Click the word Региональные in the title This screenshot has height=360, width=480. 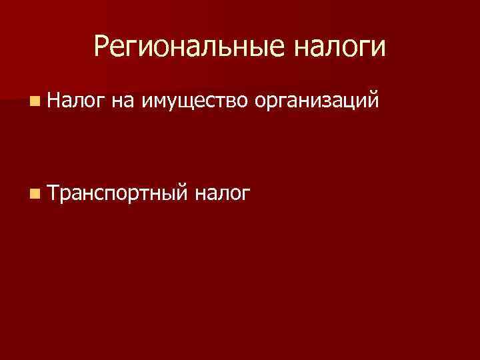pyautogui.click(x=183, y=47)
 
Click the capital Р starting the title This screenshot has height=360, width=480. pyautogui.click(x=101, y=45)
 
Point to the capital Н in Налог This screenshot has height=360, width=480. pyautogui.click(x=55, y=100)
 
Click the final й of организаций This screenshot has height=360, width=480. pyautogui.click(x=374, y=100)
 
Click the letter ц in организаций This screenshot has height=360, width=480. pyautogui.click(x=350, y=102)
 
